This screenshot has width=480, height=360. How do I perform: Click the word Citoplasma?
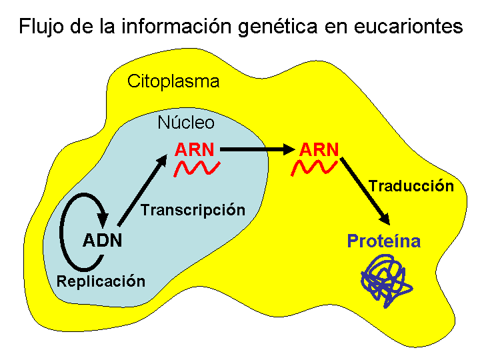(x=173, y=82)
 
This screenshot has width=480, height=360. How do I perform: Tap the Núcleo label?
(x=186, y=123)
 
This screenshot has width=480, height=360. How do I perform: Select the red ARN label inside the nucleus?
(x=195, y=149)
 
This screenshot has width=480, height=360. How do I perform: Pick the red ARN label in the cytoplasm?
(x=319, y=149)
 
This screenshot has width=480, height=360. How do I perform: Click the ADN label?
(x=103, y=240)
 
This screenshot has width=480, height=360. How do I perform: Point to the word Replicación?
(x=101, y=281)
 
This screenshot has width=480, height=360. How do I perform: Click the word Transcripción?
(x=193, y=210)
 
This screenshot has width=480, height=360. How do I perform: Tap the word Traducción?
(x=411, y=186)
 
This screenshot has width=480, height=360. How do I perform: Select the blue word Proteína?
(x=383, y=241)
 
